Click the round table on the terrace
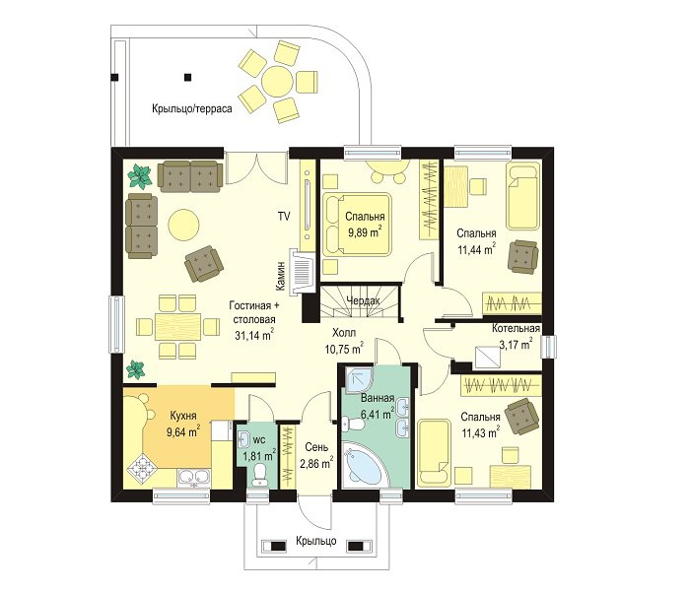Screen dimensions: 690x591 click(x=276, y=79)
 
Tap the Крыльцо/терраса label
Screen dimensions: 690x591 click(x=192, y=108)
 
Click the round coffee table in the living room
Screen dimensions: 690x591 click(x=183, y=225)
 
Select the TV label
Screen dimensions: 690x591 click(x=284, y=216)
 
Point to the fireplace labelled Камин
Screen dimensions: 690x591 click(x=302, y=271)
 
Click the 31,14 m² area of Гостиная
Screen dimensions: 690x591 click(x=254, y=336)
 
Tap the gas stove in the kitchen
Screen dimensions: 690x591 click(x=142, y=471)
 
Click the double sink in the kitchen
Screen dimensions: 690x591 click(x=194, y=477)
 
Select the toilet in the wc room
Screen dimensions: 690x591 click(x=260, y=476)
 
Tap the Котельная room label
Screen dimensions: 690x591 click(x=516, y=328)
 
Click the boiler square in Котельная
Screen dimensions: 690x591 click(x=488, y=358)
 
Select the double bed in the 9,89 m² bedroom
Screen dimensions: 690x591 click(x=356, y=224)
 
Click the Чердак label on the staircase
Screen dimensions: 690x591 click(x=363, y=300)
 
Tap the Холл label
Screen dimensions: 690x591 click(x=344, y=333)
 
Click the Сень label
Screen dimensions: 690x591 click(x=316, y=447)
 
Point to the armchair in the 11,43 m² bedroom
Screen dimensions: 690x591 click(x=521, y=416)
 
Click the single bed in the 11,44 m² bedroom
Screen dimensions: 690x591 click(x=522, y=196)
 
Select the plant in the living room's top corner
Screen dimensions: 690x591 click(x=140, y=176)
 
